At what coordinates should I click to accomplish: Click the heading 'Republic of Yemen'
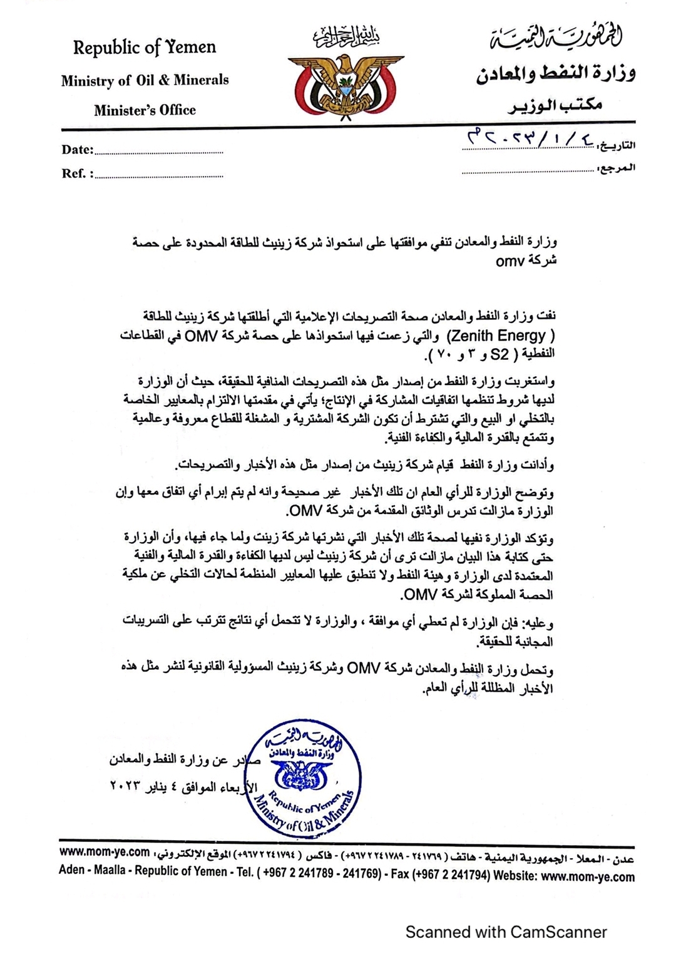(145, 48)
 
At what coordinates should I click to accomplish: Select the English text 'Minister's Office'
(145, 110)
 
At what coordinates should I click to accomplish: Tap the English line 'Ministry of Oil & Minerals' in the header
(145, 80)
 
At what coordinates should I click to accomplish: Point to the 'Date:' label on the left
(78, 150)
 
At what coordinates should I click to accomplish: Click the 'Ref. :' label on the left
(77, 174)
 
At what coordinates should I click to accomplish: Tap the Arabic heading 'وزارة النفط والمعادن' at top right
(556, 74)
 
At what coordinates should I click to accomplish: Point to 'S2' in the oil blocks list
(499, 354)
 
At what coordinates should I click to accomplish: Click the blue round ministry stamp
(302, 778)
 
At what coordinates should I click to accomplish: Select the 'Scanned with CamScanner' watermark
(506, 932)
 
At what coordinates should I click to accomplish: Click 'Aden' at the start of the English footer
(71, 871)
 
